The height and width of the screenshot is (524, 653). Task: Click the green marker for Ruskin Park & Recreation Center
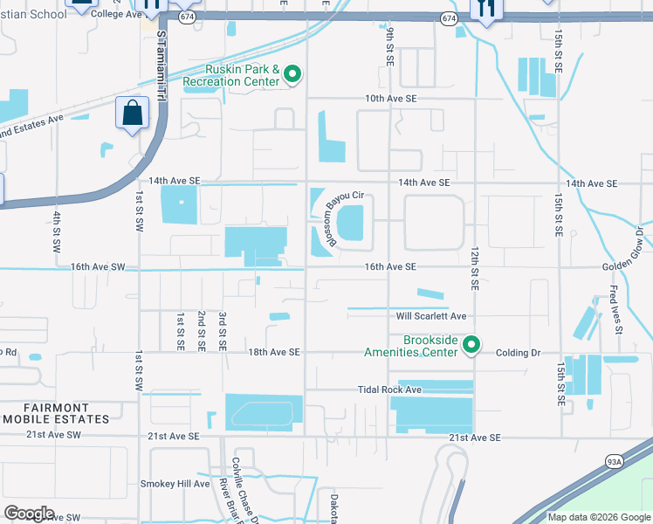click(292, 76)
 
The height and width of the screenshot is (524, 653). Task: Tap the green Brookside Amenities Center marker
click(471, 346)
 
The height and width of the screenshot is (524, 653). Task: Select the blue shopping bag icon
click(131, 113)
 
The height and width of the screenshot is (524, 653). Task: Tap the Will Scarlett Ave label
click(431, 316)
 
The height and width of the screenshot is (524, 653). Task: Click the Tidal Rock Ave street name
click(389, 390)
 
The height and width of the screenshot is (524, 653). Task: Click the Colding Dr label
click(519, 353)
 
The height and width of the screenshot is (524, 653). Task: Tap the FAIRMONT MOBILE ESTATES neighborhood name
click(55, 413)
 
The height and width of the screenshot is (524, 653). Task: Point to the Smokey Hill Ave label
click(175, 483)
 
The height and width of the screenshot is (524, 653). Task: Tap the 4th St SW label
click(54, 230)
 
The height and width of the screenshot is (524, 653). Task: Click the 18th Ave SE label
click(273, 352)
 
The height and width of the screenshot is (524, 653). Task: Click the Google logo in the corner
click(29, 513)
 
